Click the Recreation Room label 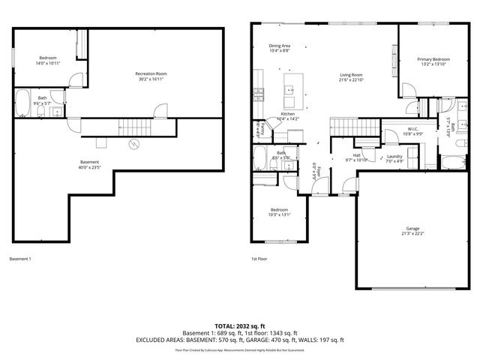(150, 73)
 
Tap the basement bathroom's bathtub (22, 105)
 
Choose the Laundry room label (394, 155)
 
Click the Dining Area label (280, 46)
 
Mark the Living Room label (351, 75)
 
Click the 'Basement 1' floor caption (20, 259)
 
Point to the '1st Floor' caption (259, 259)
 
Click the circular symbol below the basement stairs (133, 145)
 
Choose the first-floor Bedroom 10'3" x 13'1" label (280, 210)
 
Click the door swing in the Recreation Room (160, 112)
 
